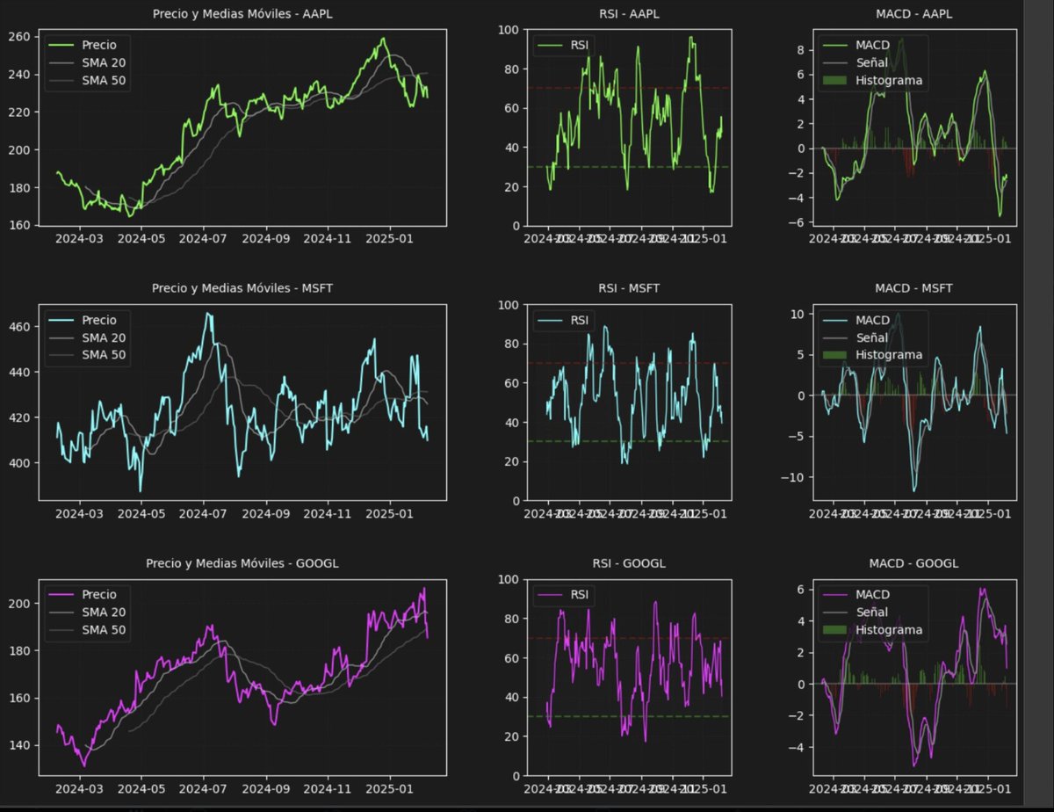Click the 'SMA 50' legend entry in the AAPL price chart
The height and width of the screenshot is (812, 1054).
click(x=104, y=80)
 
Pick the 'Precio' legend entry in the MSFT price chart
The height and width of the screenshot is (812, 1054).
click(x=98, y=320)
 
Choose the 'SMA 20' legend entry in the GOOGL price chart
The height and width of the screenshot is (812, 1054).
click(x=104, y=612)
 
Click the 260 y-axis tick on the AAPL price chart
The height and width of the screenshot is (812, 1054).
click(x=20, y=37)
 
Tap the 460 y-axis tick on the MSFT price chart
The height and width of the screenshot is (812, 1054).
click(x=20, y=327)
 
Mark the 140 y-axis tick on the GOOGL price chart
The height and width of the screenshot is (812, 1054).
click(x=20, y=745)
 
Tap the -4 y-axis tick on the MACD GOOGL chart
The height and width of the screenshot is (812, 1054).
click(x=795, y=748)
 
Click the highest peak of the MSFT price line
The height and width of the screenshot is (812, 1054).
click(x=208, y=314)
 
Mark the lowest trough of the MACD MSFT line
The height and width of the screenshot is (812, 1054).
click(x=914, y=490)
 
